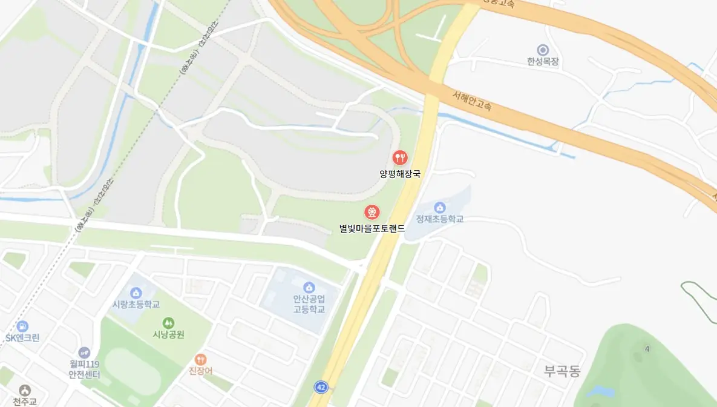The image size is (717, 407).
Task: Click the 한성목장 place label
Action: pos(543,62)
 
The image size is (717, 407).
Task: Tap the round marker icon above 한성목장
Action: pos(543,50)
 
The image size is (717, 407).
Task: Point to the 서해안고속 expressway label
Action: pos(472,101)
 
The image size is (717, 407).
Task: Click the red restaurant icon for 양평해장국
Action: pos(400,158)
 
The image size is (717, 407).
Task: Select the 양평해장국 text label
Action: pos(399,174)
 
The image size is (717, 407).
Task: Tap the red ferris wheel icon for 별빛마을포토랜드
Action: pos(372,213)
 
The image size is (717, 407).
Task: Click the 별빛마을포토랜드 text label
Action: pos(372,229)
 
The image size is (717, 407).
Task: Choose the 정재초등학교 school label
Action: pos(439,219)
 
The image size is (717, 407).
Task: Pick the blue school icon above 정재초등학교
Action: pos(440,207)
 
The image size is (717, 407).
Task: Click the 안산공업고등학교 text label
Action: pos(309,304)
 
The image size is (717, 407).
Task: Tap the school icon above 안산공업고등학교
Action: pos(309,287)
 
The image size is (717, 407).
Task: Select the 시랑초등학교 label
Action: pos(136,304)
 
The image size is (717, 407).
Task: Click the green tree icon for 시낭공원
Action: pos(168,323)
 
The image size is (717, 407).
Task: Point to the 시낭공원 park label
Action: pos(168,334)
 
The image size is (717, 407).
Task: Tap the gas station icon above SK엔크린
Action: pos(22,326)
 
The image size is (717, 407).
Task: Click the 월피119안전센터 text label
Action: pos(84,369)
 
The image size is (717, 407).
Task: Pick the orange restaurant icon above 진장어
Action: pos(200,359)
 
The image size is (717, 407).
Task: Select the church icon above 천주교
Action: pos(25,391)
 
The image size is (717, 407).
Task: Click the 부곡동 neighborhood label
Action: pos(561,371)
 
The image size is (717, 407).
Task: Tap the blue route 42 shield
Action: pos(321,386)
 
